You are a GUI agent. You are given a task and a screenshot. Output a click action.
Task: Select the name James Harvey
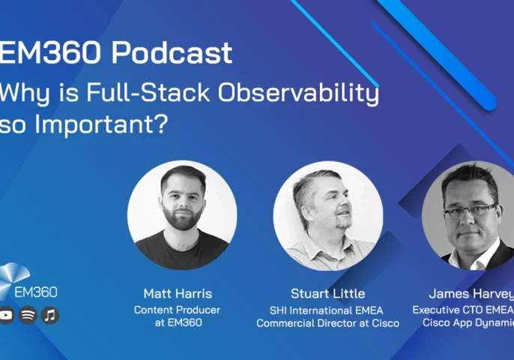[471, 292]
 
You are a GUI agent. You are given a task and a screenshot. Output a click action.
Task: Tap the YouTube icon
[7, 316]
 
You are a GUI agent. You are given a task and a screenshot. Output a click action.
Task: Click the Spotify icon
[28, 316]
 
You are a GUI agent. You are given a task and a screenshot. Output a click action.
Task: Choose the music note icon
[50, 316]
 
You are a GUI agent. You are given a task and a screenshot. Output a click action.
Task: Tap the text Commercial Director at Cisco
[327, 323]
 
